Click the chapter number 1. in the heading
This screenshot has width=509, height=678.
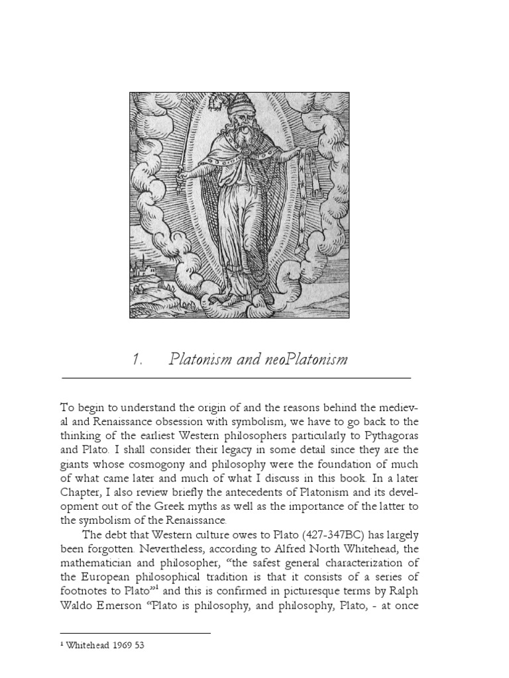[x=138, y=360]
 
